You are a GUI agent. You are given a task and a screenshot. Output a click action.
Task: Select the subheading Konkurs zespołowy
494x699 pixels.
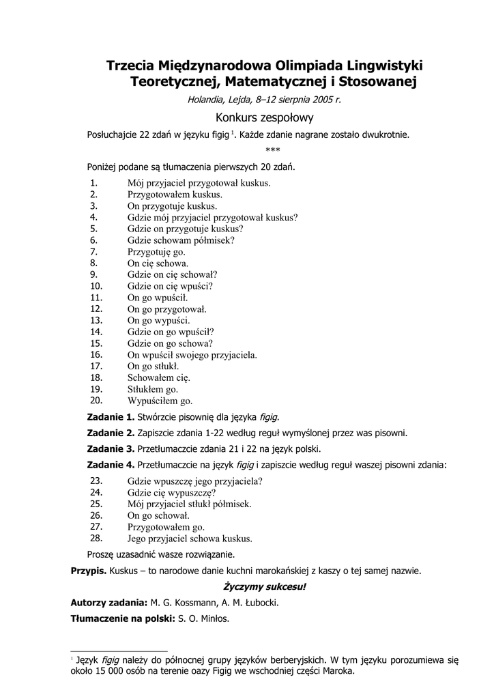(x=263, y=117)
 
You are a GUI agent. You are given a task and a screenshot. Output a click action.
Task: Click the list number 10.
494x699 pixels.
(x=96, y=286)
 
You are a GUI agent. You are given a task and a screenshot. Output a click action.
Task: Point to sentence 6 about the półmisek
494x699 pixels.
(x=181, y=240)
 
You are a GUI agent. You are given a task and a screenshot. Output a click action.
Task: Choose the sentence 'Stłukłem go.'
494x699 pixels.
(x=152, y=389)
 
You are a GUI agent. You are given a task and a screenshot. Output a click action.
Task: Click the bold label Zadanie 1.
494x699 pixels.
(x=111, y=416)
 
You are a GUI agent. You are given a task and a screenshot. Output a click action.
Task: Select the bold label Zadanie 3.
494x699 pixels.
(x=111, y=449)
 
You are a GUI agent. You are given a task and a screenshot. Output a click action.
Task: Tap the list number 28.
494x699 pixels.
(x=96, y=538)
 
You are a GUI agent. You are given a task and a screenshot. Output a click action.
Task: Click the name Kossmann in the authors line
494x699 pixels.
(x=205, y=603)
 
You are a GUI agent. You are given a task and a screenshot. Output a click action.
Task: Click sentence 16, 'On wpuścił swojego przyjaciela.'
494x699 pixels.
(x=192, y=355)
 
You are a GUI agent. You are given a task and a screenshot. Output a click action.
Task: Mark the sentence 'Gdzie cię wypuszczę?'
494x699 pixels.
(x=171, y=491)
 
